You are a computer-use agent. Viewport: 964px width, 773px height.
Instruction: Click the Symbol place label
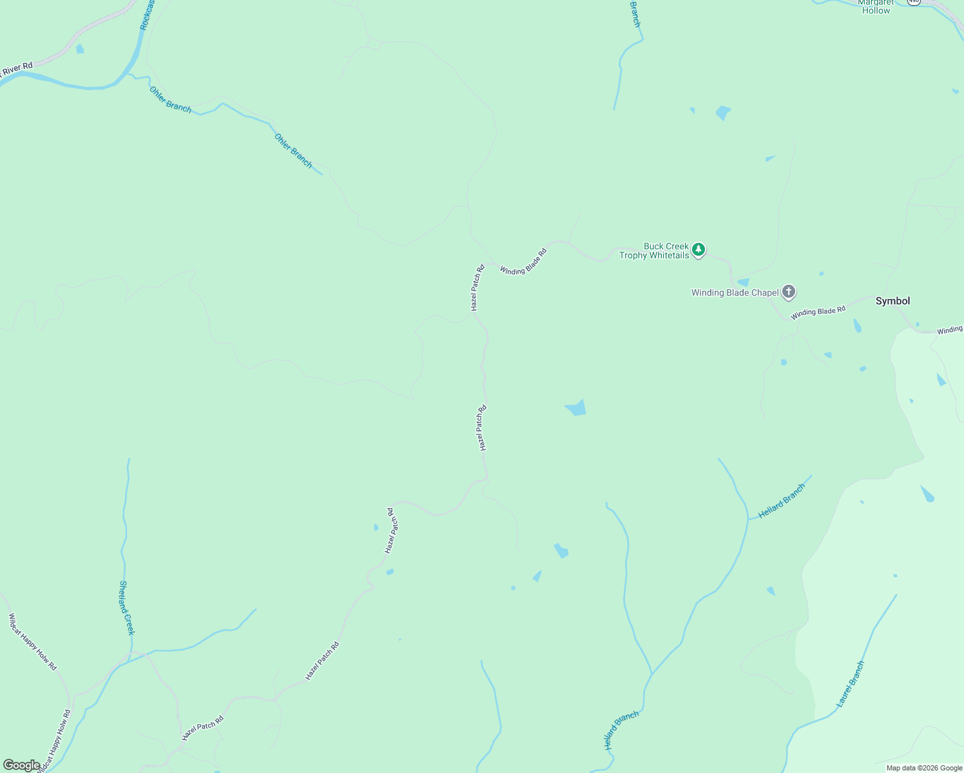pyautogui.click(x=892, y=301)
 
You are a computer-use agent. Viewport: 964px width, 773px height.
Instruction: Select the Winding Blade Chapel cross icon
pyautogui.click(x=788, y=292)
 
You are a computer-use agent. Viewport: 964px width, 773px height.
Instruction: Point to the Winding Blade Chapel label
pyautogui.click(x=735, y=292)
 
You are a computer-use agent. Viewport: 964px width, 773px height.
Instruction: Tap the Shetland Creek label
pyautogui.click(x=126, y=607)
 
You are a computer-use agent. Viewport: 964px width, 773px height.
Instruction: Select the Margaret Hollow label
pyautogui.click(x=876, y=6)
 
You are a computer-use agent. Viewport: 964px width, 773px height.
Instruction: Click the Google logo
pyautogui.click(x=21, y=765)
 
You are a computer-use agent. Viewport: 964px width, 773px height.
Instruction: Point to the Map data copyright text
pyautogui.click(x=924, y=768)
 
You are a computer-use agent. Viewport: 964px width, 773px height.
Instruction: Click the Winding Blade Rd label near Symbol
pyautogui.click(x=818, y=312)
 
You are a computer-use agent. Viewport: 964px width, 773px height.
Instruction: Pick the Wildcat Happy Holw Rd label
pyautogui.click(x=32, y=642)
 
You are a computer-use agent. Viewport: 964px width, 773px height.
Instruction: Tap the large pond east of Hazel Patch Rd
pyautogui.click(x=576, y=408)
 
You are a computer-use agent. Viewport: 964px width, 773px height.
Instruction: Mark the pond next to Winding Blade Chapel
pyautogui.click(x=743, y=282)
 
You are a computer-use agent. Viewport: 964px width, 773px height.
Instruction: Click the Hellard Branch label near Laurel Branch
pyautogui.click(x=782, y=501)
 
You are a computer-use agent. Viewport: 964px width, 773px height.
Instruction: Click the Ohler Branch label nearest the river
pyautogui.click(x=170, y=100)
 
